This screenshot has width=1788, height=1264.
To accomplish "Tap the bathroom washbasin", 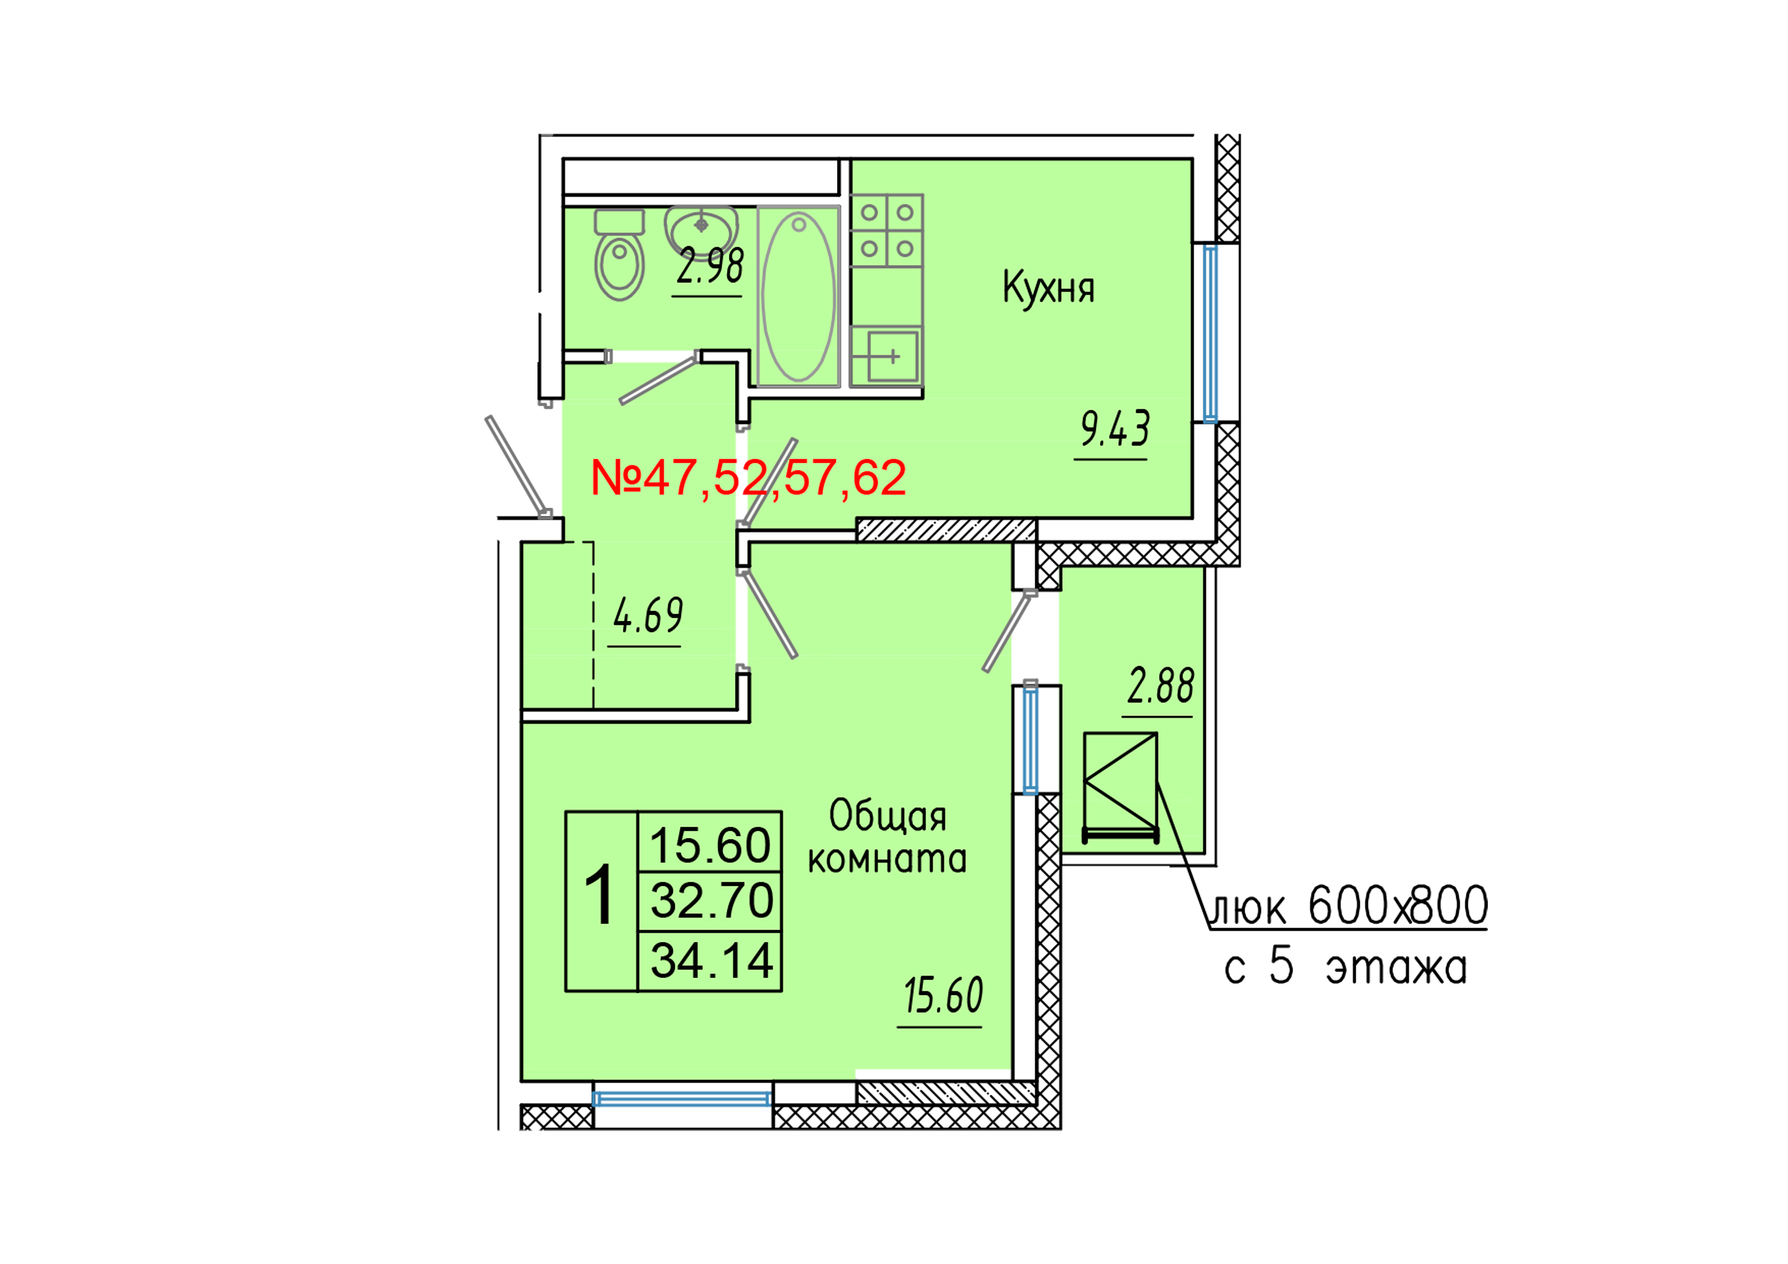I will [701, 227].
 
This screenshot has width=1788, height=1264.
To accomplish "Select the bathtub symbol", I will [798, 296].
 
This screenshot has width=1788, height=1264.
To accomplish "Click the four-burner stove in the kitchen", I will [887, 230].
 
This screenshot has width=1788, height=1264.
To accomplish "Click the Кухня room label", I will [1048, 288].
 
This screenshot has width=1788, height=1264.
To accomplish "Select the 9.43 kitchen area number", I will [1114, 429].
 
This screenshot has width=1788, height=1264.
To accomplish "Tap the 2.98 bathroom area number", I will [709, 267].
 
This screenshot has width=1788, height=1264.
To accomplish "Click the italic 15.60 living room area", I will [943, 996].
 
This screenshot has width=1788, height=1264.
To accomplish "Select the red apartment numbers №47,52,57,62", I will [748, 478].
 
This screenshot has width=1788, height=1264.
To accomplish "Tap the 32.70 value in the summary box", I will [711, 900].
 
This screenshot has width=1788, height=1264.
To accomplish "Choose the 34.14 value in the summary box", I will [711, 960].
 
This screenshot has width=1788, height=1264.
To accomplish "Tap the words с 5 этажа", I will [1346, 968].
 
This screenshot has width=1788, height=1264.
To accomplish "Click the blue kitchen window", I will [1210, 333].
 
